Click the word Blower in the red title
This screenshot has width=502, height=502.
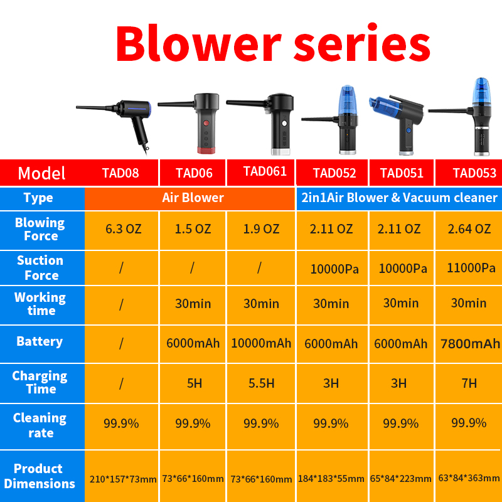pos(198,43)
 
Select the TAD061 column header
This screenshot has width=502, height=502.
pos(265,171)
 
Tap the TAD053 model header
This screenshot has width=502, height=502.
pos(474,173)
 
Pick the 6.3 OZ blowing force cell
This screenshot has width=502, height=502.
pos(123,229)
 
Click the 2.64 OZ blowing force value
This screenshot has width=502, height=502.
pos(469,229)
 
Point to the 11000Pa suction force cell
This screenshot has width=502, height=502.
pos(471,268)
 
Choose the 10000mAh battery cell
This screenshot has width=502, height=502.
pos(261,343)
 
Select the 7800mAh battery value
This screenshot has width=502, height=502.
pos(470,343)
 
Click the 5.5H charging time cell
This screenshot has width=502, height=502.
pos(261,383)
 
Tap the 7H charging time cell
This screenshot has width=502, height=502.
pos(469,383)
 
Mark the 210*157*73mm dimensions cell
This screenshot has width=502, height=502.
pos(123,479)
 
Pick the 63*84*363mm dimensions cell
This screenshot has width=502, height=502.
pos(469,478)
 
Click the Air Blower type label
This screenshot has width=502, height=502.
pos(193,198)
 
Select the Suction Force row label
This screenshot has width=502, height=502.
pos(40,268)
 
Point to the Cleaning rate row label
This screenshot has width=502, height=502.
pos(40,425)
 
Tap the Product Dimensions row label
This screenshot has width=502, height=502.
pos(40,476)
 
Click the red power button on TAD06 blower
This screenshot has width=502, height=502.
pos(206,123)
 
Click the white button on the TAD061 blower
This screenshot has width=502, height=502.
pos(284,123)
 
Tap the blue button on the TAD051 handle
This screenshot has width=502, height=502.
pos(409,131)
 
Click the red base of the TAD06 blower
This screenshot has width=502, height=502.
pos(206,151)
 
